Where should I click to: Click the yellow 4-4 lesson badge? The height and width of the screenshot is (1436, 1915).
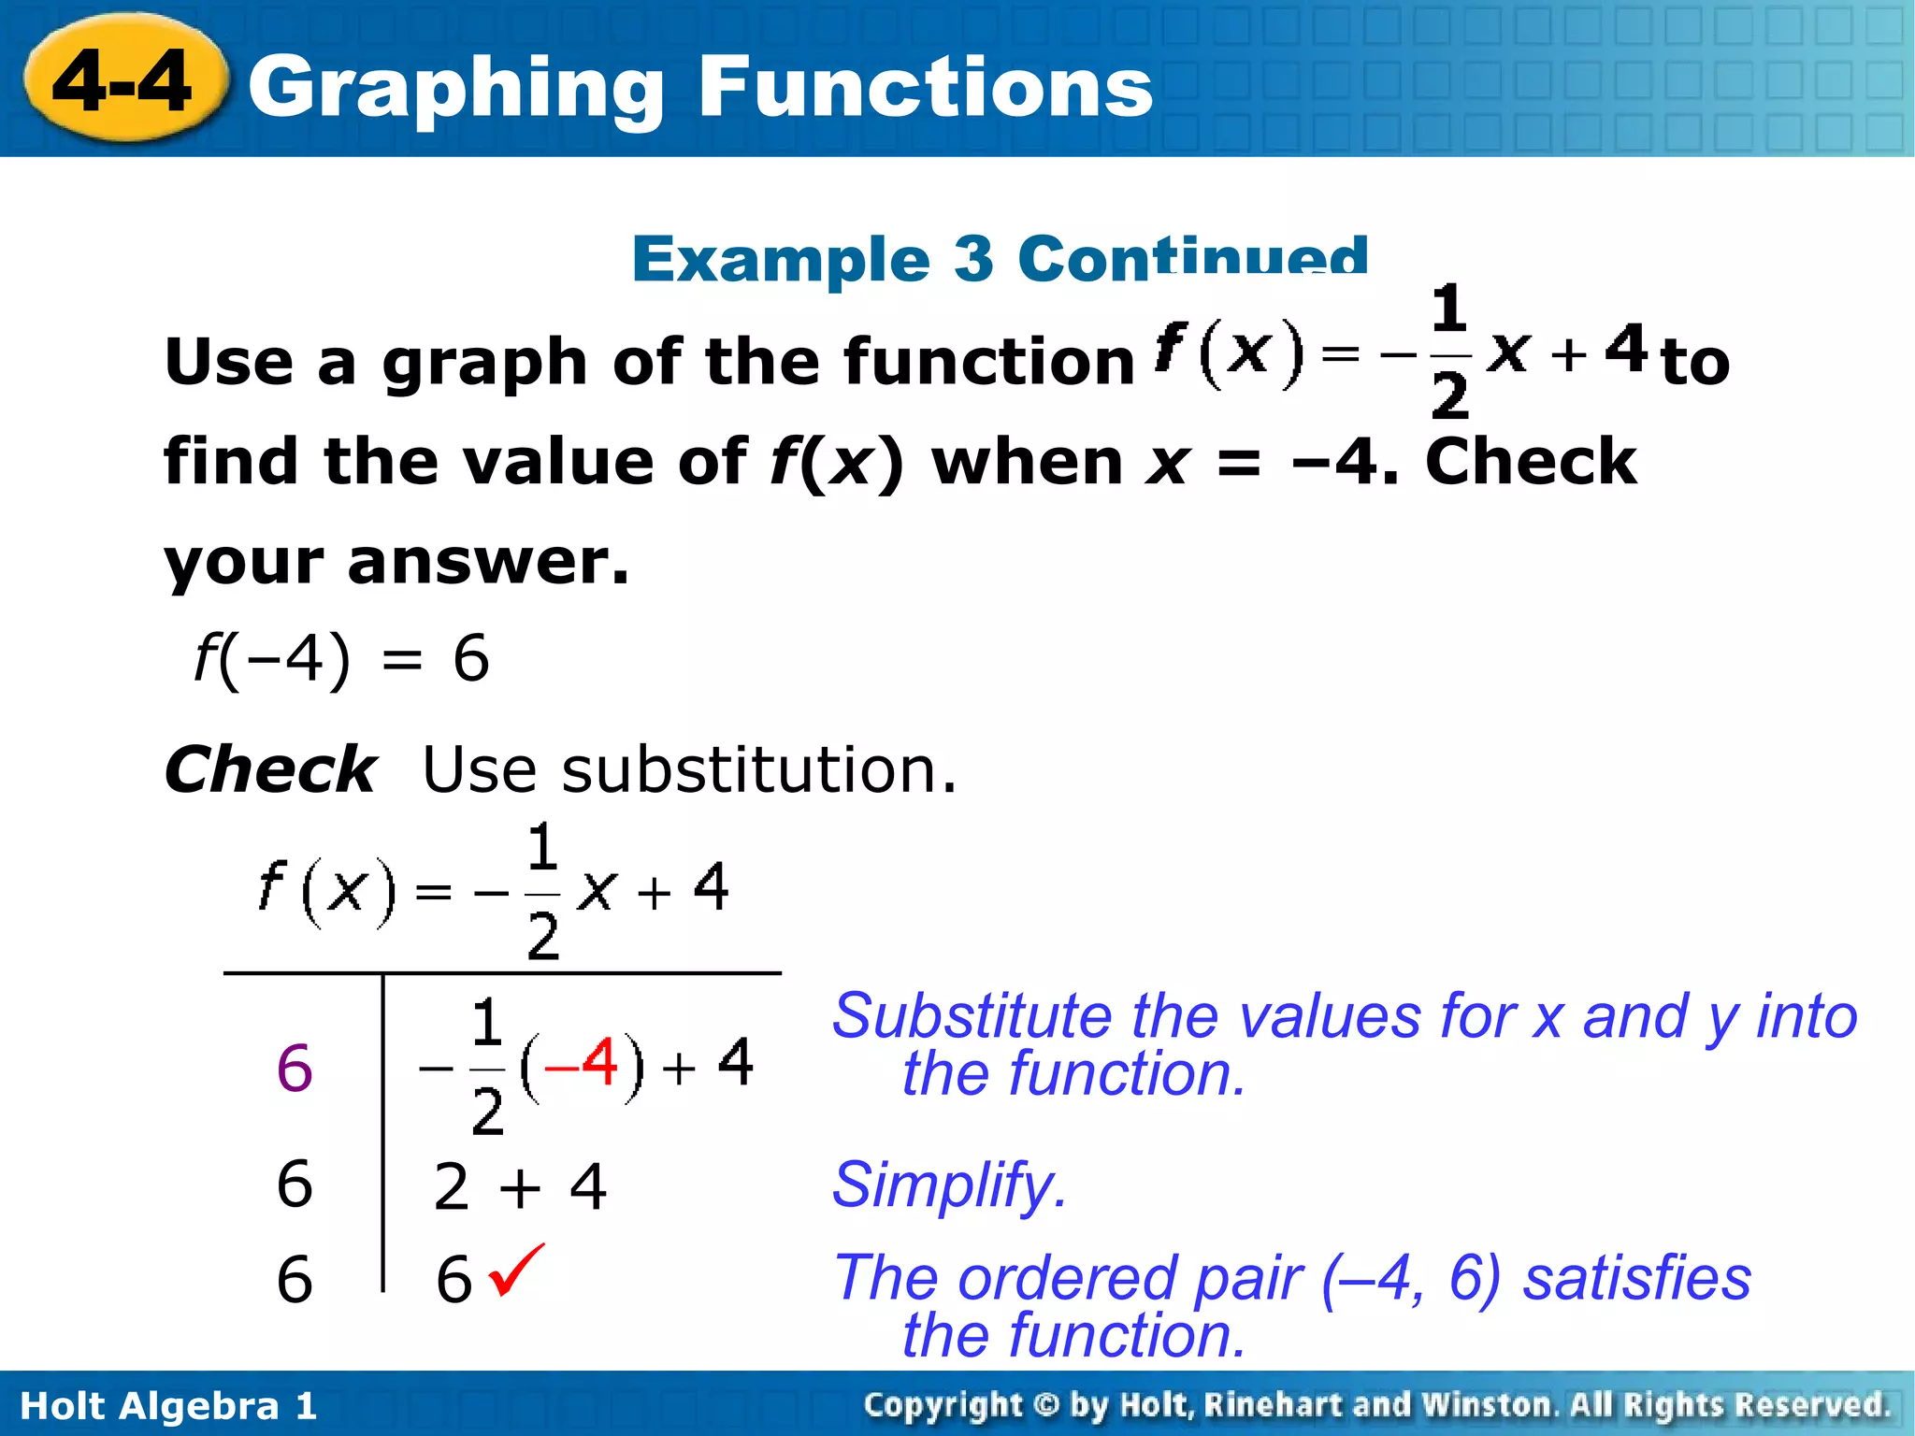coord(123,82)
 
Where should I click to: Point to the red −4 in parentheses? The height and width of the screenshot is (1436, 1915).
coord(582,1063)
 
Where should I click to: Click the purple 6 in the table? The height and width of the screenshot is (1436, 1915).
coord(295,1068)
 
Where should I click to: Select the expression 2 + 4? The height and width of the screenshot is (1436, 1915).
coord(520,1186)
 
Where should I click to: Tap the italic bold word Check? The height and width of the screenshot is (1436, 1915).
coord(270,769)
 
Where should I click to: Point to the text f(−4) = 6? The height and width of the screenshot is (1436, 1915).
coord(341,658)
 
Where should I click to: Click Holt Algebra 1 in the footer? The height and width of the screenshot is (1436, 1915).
coord(168,1406)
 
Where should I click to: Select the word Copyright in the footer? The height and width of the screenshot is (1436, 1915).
coord(943,1405)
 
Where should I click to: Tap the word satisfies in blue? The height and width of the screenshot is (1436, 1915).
coord(1636,1278)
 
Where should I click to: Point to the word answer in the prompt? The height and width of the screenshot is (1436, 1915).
coord(488,563)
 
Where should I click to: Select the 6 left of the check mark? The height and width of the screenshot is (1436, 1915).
coord(454,1279)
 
